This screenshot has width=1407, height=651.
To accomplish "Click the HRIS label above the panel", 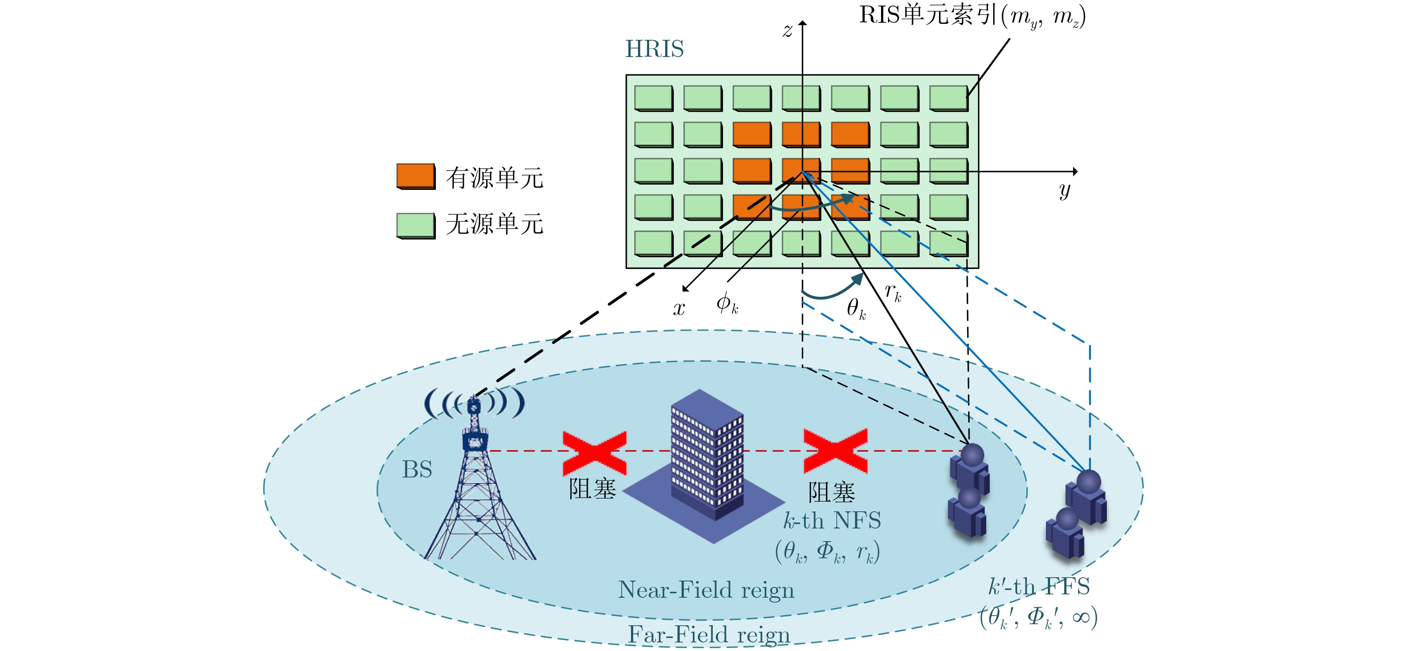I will coord(654,49).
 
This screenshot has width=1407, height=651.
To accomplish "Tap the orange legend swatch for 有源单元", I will coord(416,176).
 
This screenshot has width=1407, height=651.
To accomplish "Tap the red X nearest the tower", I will coord(594,452).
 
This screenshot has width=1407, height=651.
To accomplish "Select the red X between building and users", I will coord(835,451).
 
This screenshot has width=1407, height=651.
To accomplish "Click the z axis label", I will coord(787,31).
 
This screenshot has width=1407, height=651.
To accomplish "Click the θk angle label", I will coord(856,308).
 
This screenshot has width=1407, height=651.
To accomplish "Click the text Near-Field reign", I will coord(706,590).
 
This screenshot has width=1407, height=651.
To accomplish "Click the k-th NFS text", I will coord(832,521).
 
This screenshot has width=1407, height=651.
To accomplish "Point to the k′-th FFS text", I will coord(1039,587).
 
